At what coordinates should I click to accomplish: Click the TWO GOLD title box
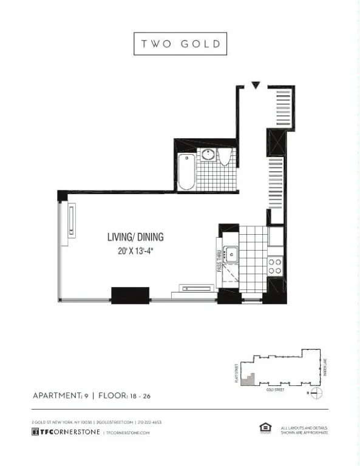[x=180, y=44]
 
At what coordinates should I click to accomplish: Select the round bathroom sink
[x=209, y=154]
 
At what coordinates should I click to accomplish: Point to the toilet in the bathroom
[x=225, y=158]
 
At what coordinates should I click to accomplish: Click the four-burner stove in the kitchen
[x=275, y=266]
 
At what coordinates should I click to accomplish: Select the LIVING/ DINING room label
[x=135, y=237]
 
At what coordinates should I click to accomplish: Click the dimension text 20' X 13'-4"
[x=135, y=251]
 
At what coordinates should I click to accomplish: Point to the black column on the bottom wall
[x=130, y=295]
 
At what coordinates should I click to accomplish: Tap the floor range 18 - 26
[x=142, y=396]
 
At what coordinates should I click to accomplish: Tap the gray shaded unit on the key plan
[x=246, y=380]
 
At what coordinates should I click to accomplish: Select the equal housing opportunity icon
[x=265, y=429]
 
